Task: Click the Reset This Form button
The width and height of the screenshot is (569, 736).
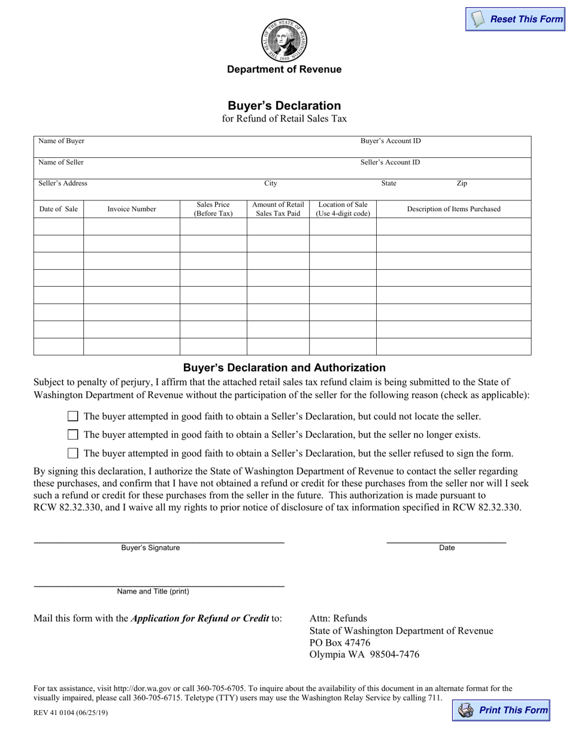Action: click(x=516, y=19)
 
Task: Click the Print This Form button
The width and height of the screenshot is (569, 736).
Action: click(x=502, y=710)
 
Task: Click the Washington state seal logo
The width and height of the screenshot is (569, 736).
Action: click(x=284, y=39)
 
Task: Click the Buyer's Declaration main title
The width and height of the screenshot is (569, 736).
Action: click(x=284, y=106)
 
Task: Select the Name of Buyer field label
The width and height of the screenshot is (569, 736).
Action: click(x=61, y=141)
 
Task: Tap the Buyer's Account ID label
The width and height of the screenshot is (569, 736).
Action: click(x=390, y=141)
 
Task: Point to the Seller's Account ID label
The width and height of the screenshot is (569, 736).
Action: click(x=390, y=162)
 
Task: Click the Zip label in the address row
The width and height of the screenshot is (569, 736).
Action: click(x=462, y=184)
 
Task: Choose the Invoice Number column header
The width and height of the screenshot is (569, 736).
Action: click(x=132, y=209)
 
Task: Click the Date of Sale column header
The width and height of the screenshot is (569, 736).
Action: click(x=59, y=209)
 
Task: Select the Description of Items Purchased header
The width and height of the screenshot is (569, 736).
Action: click(x=453, y=209)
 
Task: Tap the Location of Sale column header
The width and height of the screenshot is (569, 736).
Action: click(x=343, y=209)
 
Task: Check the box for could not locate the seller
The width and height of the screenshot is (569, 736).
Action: click(x=73, y=416)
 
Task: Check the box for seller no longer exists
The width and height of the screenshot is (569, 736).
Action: click(x=73, y=435)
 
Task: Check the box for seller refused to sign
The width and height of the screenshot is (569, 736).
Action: click(x=73, y=454)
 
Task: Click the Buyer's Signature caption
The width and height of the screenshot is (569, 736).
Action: click(x=150, y=548)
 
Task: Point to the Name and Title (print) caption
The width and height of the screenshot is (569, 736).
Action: click(x=153, y=591)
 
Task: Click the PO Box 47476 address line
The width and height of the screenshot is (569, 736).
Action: click(x=340, y=643)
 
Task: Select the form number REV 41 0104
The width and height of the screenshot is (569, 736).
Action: click(x=71, y=713)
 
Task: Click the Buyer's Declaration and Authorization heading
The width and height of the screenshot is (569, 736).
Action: click(x=284, y=367)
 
